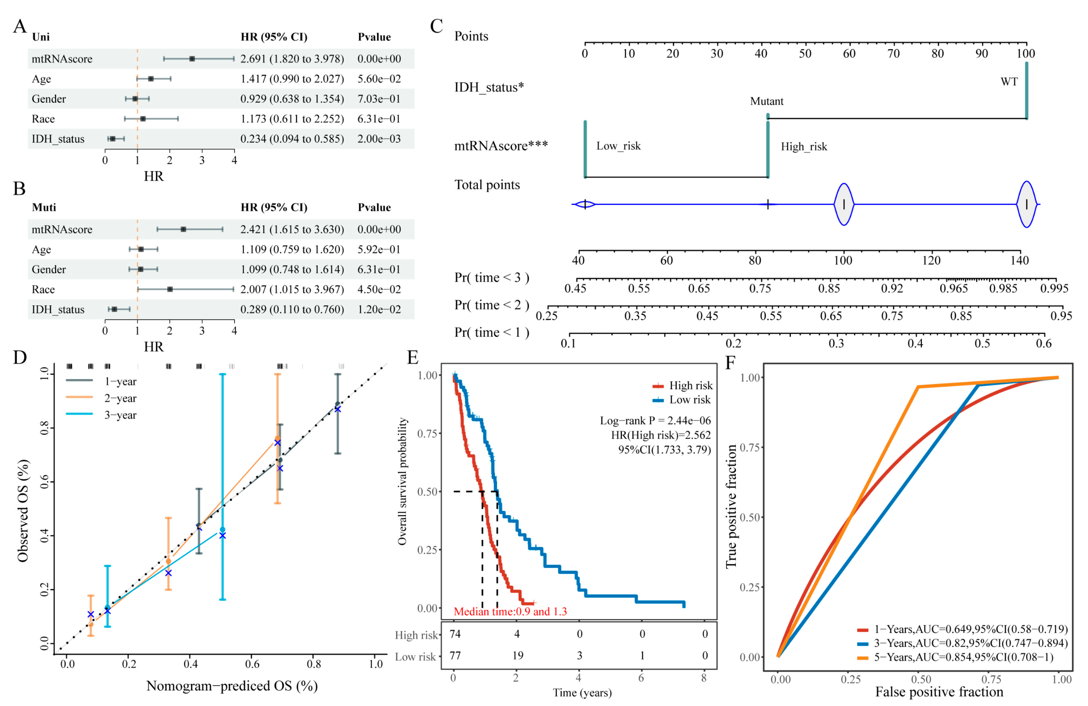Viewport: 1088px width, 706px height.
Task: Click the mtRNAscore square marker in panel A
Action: coord(192,59)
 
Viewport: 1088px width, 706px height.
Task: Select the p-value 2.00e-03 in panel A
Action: coord(379,139)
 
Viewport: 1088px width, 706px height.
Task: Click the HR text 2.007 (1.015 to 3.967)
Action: coord(292,289)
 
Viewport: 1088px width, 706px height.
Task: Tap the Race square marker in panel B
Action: coord(170,289)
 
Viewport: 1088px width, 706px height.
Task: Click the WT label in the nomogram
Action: coord(1009,82)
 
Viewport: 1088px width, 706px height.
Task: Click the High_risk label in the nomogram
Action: coord(804,146)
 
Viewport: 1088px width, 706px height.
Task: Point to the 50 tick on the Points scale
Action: coord(805,53)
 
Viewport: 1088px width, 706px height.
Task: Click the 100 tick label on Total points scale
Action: coord(843,260)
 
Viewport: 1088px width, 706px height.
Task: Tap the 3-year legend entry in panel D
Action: coord(120,415)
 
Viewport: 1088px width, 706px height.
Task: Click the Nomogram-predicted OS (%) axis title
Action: coord(232,686)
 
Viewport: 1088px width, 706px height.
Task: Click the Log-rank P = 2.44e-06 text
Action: coord(655,420)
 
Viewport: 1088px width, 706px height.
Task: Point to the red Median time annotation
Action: coord(510,611)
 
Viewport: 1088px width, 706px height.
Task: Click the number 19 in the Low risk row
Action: coord(518,655)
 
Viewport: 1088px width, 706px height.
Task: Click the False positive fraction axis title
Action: coord(939,691)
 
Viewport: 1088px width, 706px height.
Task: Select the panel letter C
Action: coord(436,26)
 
